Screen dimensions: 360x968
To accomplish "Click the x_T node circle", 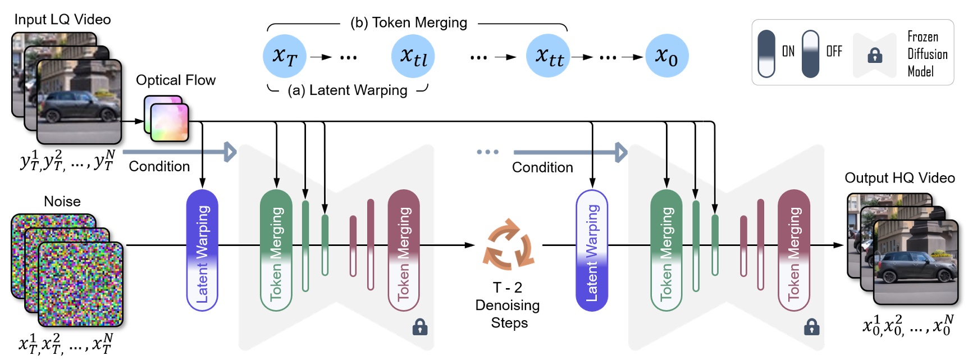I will coord(284,56).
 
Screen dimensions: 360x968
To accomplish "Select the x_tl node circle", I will coord(413,56).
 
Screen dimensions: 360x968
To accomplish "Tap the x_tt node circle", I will coord(548,56).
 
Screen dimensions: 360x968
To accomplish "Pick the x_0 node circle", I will coord(666,56).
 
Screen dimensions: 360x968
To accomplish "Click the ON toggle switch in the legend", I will coord(766,53).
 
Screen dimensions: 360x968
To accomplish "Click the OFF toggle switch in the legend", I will coord(810,53).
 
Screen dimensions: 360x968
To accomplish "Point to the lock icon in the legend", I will coord(875,55).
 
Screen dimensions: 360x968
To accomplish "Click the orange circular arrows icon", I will coord(508,245).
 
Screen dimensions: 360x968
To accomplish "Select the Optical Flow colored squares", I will coord(167,119).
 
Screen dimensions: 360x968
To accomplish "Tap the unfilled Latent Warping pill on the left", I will coord(202,250).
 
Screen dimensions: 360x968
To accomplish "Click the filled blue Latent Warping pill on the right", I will coord(592,250).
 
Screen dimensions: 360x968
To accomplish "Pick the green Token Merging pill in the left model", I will coord(276,250).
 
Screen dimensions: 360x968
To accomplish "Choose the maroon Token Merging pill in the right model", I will coord(793,250).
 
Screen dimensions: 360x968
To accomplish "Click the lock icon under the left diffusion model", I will coord(420,327).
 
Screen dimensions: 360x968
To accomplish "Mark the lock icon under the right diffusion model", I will coord(811,327).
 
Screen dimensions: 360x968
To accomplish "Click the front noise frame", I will coord(80,284).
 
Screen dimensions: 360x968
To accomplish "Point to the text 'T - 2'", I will coord(508,288).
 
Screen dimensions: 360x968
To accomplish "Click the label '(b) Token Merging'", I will coord(408,22).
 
